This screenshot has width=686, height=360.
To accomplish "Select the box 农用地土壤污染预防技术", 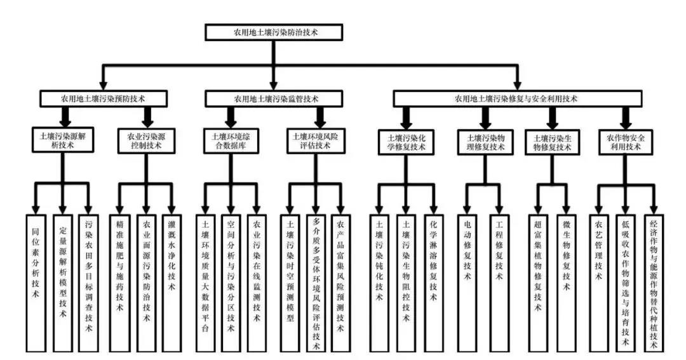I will pyautogui.click(x=104, y=98).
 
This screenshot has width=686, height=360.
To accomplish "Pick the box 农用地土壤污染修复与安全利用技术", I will pyautogui.click(x=516, y=98).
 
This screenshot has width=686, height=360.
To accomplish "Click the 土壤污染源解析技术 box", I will pyautogui.click(x=62, y=140).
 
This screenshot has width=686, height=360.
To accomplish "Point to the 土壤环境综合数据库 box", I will pyautogui.click(x=231, y=140).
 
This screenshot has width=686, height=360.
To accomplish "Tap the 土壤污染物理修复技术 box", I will pyautogui.click(x=486, y=140).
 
